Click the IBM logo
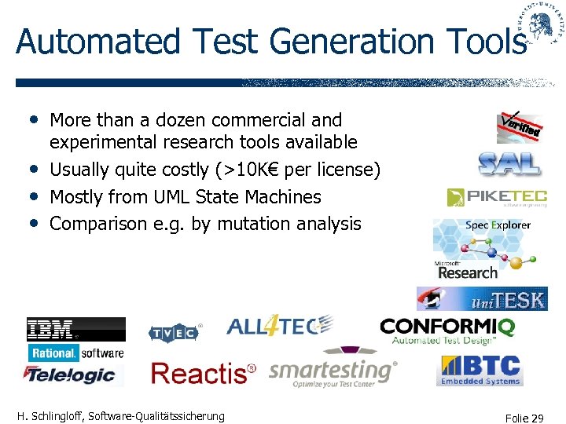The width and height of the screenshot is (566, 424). pos(75,329)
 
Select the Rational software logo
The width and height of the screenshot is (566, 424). pos(75,353)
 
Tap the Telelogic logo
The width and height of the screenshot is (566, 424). pos(75,375)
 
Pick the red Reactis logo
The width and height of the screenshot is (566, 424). pos(204,373)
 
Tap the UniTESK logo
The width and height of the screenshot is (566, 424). pos(482,299)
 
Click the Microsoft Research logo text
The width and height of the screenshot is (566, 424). pos(467,271)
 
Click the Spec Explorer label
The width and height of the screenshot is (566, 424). pos(498,225)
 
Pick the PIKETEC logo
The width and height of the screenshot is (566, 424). pos(497,196)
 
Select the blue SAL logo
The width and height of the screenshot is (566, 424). pos(509,163)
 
